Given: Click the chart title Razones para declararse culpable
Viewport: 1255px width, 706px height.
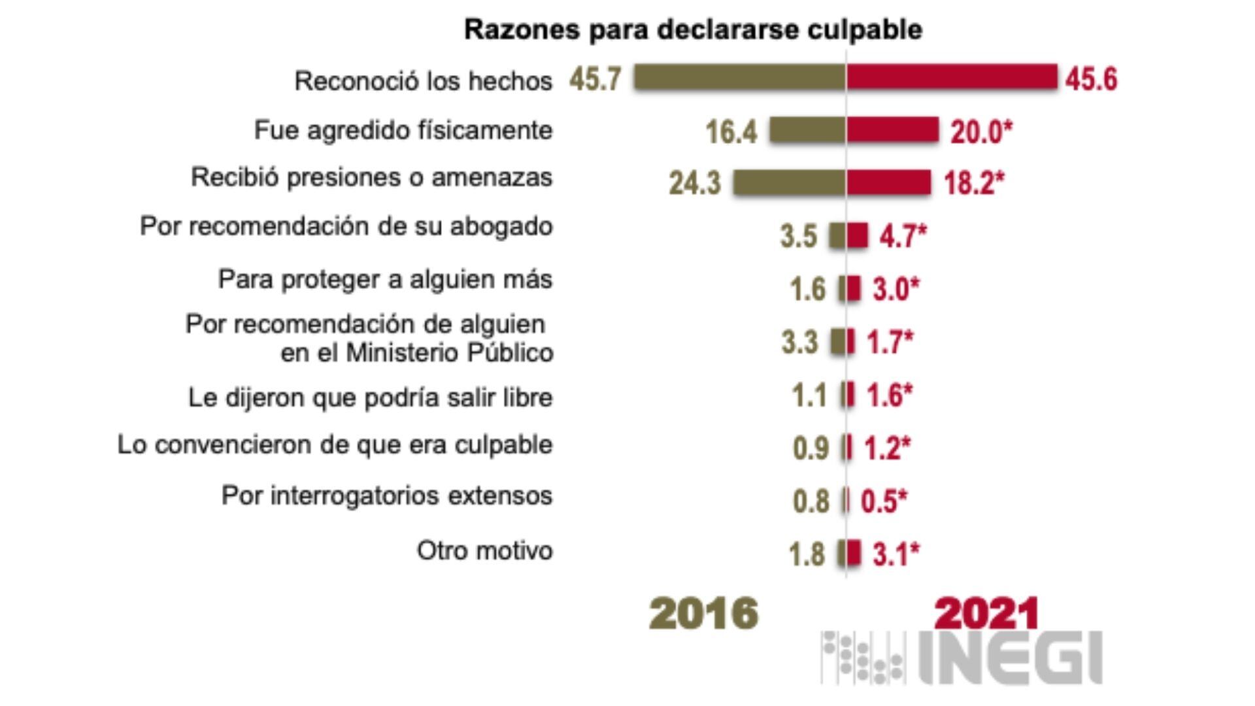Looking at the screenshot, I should pyautogui.click(x=693, y=30).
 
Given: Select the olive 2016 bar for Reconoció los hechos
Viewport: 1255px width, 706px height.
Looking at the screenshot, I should pyautogui.click(x=739, y=77).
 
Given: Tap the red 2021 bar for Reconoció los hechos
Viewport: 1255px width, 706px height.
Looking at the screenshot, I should pyautogui.click(x=952, y=77).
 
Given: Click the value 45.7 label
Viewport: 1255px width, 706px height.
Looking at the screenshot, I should pyautogui.click(x=595, y=79).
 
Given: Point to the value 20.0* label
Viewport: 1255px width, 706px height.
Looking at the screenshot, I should pyautogui.click(x=980, y=132).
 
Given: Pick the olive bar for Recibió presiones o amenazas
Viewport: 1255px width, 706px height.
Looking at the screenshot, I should pyautogui.click(x=789, y=182).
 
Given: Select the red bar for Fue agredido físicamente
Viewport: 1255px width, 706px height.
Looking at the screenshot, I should pyautogui.click(x=892, y=130).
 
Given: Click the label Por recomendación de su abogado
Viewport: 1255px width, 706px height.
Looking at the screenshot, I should pyautogui.click(x=346, y=227).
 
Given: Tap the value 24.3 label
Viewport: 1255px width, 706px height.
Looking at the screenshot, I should pyautogui.click(x=694, y=183).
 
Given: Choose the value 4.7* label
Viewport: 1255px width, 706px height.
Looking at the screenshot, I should pyautogui.click(x=903, y=236).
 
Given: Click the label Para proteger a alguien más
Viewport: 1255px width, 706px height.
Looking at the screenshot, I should pyautogui.click(x=385, y=280).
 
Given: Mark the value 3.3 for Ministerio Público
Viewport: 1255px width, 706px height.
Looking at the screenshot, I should pyautogui.click(x=799, y=342).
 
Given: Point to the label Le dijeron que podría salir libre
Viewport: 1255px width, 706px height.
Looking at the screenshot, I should pyautogui.click(x=370, y=397).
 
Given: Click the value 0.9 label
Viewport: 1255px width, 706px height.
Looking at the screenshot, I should pyautogui.click(x=811, y=448).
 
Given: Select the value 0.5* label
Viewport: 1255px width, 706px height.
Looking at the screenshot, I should pyautogui.click(x=884, y=501).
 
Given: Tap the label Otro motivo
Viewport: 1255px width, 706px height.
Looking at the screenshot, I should pyautogui.click(x=484, y=550).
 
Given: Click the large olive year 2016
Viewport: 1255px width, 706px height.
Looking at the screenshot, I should pyautogui.click(x=703, y=614).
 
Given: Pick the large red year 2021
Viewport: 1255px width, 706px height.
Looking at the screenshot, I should pyautogui.click(x=986, y=614).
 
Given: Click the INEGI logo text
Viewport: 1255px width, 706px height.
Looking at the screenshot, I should pyautogui.click(x=1010, y=657).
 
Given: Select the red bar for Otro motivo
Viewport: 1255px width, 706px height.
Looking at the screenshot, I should pyautogui.click(x=854, y=552).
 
